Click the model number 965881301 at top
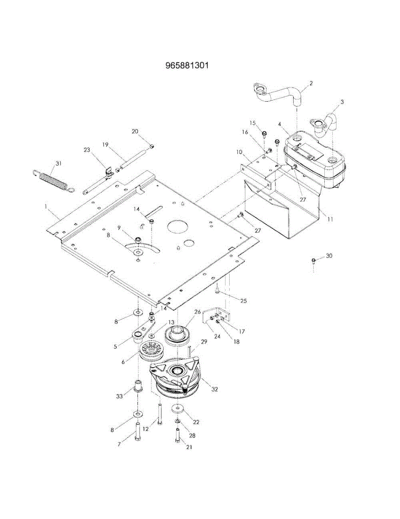tap(187, 65)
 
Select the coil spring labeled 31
tap(53, 181)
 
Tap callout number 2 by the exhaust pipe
tap(310, 83)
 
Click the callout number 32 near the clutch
tap(214, 389)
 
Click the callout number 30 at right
tap(329, 256)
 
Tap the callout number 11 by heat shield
tap(330, 219)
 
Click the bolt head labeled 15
tap(264, 134)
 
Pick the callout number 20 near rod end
tap(135, 131)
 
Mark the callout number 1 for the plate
tap(45, 206)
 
